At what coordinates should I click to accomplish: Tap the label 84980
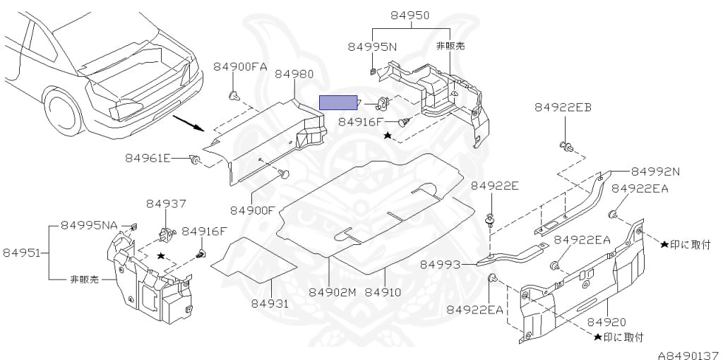pyautogui.click(x=294, y=74)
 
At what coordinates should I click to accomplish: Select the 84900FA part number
pyautogui.click(x=240, y=67)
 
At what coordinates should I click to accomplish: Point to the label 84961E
pyautogui.click(x=149, y=157)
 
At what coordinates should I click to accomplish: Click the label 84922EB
pyautogui.click(x=563, y=107)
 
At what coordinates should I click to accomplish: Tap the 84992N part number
pyautogui.click(x=655, y=171)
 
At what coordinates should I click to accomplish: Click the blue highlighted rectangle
pyautogui.click(x=339, y=103)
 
